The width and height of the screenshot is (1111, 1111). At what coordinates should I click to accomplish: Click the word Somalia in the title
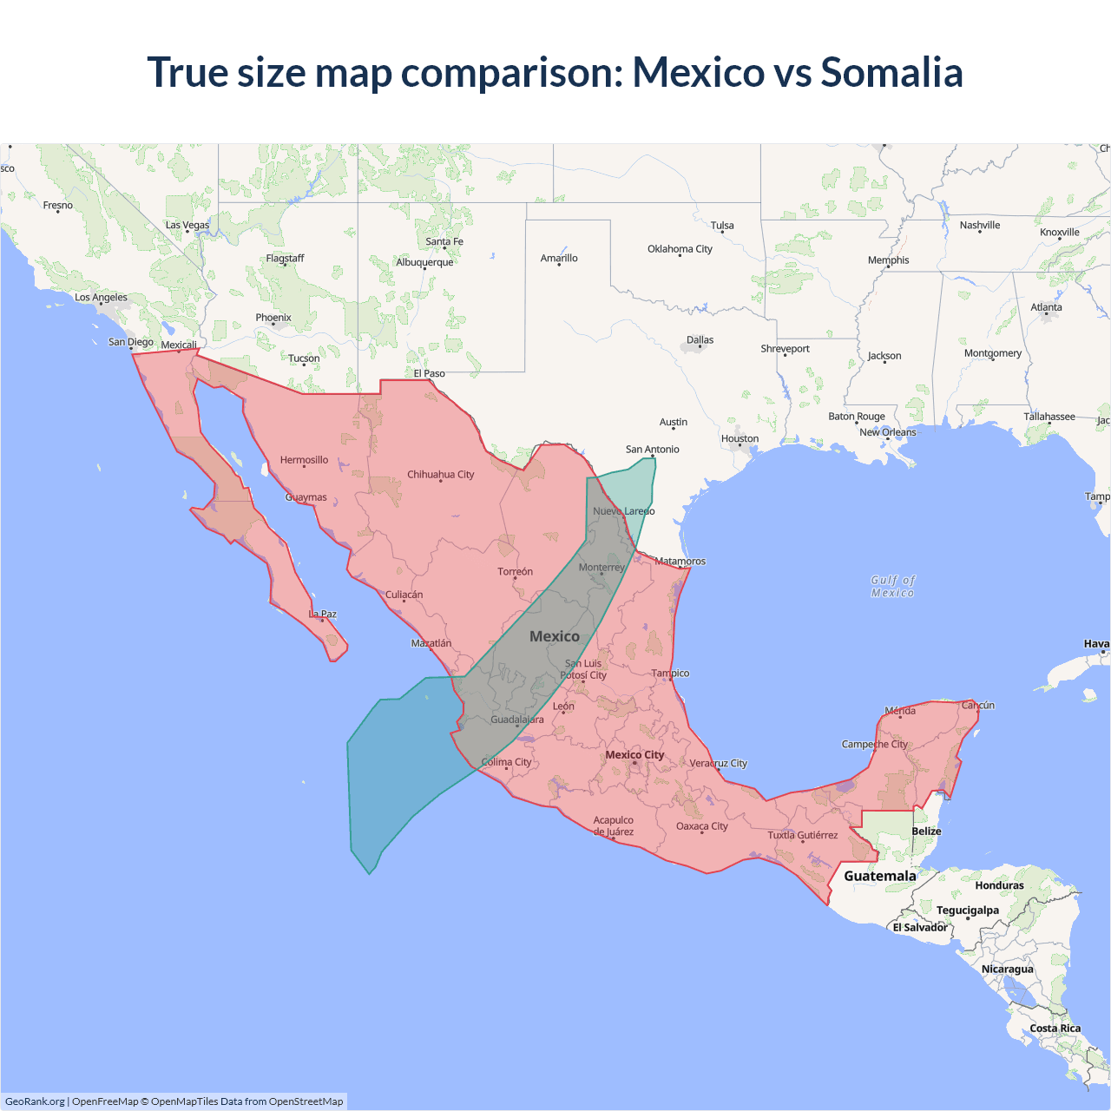pos(891,72)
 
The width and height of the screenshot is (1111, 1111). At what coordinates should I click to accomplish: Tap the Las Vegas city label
pos(187,225)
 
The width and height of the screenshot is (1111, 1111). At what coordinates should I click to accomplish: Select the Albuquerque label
pos(424,262)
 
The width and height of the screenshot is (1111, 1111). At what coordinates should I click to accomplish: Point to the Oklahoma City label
pos(680,249)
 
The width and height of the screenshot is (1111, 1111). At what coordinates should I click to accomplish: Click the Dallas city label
pos(700,340)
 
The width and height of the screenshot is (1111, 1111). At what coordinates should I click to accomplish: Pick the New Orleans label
pos(887,432)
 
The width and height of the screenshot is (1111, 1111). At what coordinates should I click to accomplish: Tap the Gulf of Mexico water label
pos(893,587)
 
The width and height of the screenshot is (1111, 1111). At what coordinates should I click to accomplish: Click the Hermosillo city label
pos(304,460)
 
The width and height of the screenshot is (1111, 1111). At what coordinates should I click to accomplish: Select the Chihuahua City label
pos(440,475)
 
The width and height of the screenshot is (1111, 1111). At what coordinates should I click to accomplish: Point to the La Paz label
pos(322,615)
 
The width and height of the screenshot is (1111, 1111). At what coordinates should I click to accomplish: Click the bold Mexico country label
pos(554,636)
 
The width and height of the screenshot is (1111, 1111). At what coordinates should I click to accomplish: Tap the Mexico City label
pos(634,755)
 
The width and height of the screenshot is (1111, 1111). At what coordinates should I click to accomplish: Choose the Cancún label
pos(977,705)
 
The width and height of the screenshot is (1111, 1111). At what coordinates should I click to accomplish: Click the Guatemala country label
pos(879,876)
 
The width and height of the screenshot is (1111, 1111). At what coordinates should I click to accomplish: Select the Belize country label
pos(926,832)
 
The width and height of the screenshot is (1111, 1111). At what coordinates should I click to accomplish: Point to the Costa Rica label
pos(1055,1029)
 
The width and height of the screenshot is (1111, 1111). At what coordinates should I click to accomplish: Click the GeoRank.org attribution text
pos(35,1101)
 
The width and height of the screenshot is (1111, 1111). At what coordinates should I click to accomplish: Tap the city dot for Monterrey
pos(602,574)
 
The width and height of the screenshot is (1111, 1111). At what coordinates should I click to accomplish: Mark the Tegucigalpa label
pos(967,910)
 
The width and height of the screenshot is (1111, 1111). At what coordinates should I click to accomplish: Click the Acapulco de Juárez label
pos(613,825)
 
